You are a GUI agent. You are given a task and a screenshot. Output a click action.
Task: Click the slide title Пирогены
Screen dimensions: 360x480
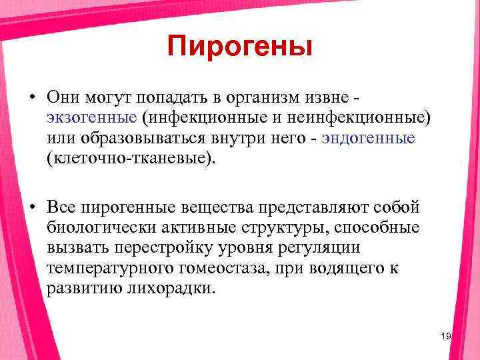[240, 47]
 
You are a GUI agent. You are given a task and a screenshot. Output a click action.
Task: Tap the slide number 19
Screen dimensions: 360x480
[446, 337]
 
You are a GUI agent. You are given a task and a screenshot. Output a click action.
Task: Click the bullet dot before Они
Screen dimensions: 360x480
[32, 97]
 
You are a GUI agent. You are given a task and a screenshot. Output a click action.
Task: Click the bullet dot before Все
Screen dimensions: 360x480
[32, 207]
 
